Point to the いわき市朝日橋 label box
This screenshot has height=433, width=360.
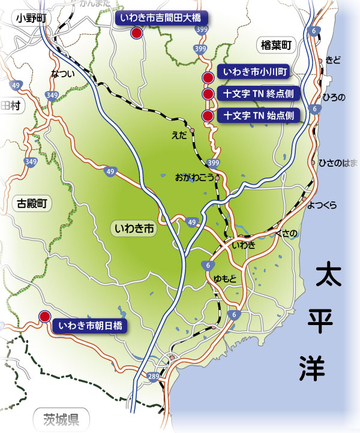click(89, 326)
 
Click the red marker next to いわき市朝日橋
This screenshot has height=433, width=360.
click(44, 317)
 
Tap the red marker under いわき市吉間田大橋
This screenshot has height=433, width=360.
click(137, 34)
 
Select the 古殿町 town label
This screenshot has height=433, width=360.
click(29, 204)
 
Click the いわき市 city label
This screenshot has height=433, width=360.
click(134, 228)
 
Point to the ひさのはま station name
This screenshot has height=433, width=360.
click(338, 163)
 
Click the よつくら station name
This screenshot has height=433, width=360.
click(322, 205)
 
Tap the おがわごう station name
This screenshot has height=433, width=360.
click(194, 178)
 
